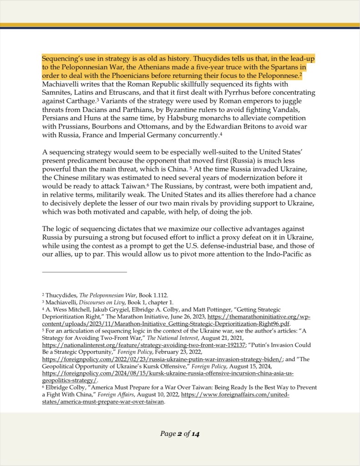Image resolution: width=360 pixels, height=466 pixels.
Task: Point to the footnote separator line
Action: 84,272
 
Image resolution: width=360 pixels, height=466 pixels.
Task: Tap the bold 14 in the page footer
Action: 195,434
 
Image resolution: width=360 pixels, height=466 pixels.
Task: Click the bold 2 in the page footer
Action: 179,434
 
